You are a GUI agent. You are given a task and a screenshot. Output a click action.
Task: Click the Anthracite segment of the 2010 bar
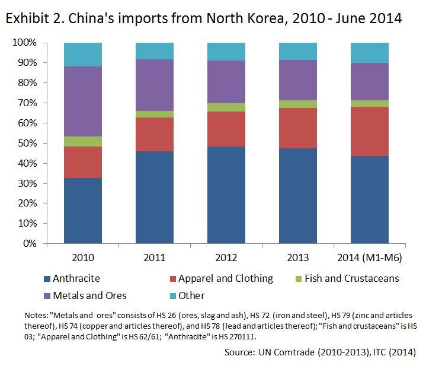click(x=82, y=211)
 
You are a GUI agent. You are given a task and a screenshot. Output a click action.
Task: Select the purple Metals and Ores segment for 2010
click(x=82, y=101)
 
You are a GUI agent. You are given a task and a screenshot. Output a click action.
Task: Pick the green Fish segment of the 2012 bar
click(x=226, y=107)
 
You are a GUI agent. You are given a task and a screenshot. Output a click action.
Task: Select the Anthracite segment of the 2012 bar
click(x=226, y=195)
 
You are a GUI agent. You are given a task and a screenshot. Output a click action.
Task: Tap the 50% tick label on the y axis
click(x=25, y=144)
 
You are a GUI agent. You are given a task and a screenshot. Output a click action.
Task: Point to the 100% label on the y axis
click(x=24, y=43)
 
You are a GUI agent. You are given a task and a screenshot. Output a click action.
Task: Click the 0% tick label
click(x=28, y=244)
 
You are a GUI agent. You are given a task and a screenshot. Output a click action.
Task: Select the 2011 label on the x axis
click(x=155, y=258)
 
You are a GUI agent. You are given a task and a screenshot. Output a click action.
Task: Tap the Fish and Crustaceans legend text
click(x=352, y=278)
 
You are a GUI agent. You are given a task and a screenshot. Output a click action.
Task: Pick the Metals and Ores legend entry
click(x=89, y=295)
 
